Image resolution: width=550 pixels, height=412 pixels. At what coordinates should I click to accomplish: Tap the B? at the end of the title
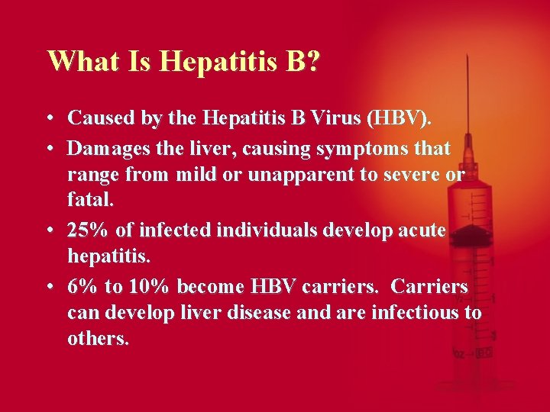click(x=302, y=60)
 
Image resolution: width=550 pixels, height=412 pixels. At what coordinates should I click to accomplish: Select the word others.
click(x=98, y=340)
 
